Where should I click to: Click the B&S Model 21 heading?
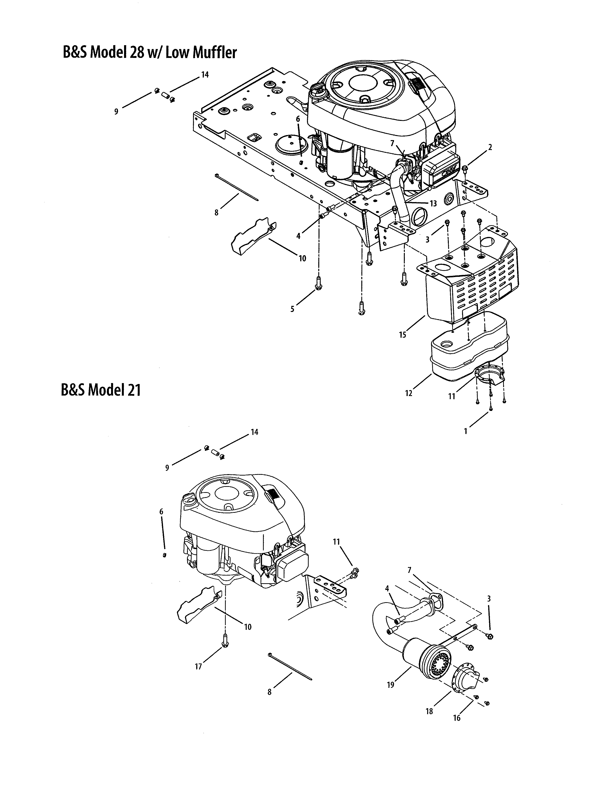click(x=100, y=390)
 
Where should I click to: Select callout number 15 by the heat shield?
click(x=402, y=335)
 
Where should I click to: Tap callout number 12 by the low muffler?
click(x=409, y=393)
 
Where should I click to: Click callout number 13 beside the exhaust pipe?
click(x=433, y=204)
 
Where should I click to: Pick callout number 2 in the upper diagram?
click(x=490, y=147)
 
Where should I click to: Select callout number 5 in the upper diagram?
click(x=292, y=309)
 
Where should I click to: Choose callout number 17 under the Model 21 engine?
click(x=198, y=667)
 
